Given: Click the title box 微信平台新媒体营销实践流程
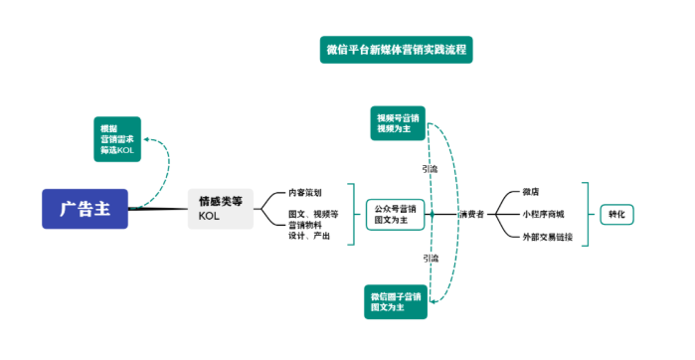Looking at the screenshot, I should tap(396, 49).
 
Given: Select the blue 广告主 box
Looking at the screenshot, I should tap(85, 209).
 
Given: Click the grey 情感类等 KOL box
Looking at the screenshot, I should tap(220, 209).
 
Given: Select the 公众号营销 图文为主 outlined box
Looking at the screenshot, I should tap(396, 214).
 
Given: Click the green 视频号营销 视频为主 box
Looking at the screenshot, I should tap(398, 122).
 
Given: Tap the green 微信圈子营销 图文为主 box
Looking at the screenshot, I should tap(396, 302).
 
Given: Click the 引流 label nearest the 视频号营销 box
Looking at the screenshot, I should tap(430, 169).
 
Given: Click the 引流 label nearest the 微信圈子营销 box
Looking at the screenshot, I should tap(430, 258).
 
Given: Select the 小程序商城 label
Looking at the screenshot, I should tap(543, 214).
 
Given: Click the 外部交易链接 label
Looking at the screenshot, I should tap(546, 237).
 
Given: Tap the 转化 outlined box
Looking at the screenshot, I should tap(617, 214).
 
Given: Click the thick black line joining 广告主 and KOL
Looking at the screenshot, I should tap(159, 209).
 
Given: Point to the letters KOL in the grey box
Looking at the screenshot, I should tap(209, 216).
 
